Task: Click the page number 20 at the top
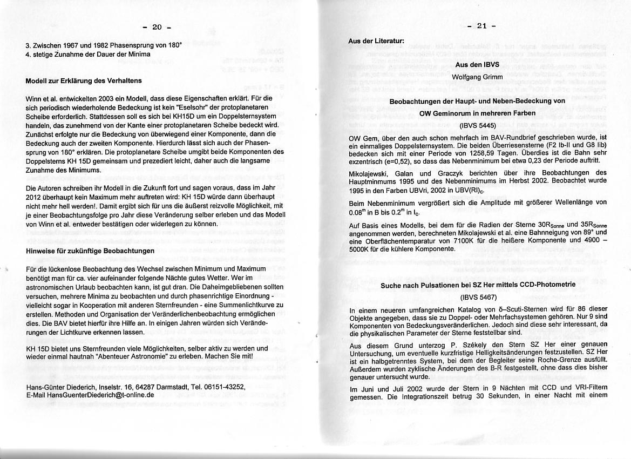157,27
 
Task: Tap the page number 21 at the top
482,26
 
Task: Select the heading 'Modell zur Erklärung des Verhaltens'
84,81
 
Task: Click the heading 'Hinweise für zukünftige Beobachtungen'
90,251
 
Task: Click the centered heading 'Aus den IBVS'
477,64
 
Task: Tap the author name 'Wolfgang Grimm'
477,77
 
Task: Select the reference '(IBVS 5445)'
477,125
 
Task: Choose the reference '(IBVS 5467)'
477,297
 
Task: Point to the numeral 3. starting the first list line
28,46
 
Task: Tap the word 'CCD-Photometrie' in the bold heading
542,285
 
